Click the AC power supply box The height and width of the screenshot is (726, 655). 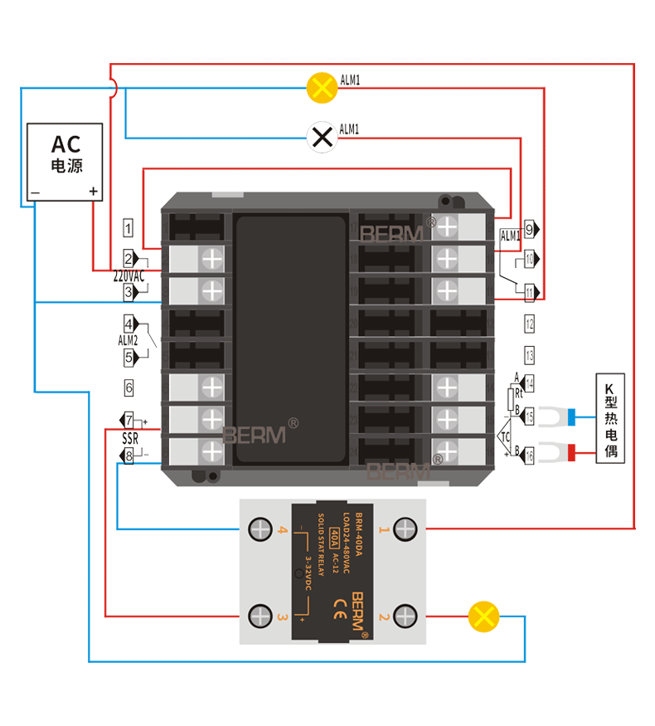pos(65,163)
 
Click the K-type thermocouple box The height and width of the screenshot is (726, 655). pos(610,418)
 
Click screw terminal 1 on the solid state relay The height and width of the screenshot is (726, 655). pos(405,529)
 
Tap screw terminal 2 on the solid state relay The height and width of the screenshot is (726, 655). pos(405,616)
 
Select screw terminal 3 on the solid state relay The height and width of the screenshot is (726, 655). pos(260,616)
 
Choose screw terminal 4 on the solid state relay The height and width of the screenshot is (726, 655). pos(260,529)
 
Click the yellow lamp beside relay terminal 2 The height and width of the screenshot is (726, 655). pos(483,616)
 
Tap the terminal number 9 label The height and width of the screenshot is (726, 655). pos(529,228)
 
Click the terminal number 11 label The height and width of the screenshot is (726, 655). pos(529,291)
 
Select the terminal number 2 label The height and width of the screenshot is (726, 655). pos(129,257)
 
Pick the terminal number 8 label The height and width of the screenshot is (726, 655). pos(129,456)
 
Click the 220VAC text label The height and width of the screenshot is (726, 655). pos(129,275)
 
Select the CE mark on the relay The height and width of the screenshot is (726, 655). pos(339,603)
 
